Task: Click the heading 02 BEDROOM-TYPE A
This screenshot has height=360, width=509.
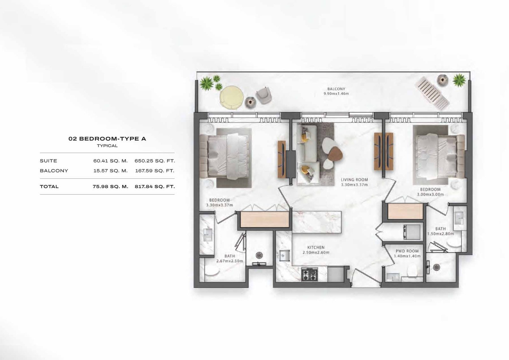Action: [107, 139]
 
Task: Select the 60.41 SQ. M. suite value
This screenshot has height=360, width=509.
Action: [110, 161]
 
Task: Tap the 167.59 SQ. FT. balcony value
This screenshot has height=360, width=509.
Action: [155, 170]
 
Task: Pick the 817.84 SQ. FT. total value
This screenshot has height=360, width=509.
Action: [155, 186]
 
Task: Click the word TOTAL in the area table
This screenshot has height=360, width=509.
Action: [49, 186]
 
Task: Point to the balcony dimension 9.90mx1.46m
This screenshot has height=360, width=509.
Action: [336, 93]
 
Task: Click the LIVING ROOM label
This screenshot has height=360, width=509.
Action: [354, 180]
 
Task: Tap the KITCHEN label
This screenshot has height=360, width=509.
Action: [316, 247]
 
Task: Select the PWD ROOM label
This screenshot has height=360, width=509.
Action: [407, 251]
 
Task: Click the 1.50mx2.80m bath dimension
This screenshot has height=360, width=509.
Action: [441, 234]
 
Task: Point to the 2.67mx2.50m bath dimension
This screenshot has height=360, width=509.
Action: [230, 261]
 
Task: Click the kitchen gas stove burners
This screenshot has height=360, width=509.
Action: [310, 274]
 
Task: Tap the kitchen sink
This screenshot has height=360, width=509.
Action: [284, 256]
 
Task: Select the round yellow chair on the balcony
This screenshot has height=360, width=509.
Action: [232, 97]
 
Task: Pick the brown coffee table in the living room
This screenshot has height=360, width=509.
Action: [335, 154]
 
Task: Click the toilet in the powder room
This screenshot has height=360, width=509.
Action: [412, 271]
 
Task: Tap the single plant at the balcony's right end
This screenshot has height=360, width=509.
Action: [459, 80]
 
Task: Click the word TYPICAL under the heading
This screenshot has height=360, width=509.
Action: [107, 146]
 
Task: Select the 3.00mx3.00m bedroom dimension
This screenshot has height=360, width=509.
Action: [430, 194]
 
